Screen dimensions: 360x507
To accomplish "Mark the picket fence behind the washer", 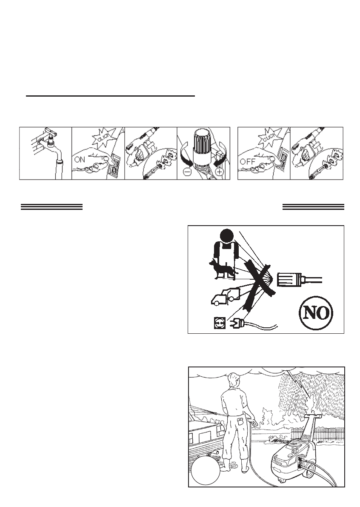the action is (x=317, y=435).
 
